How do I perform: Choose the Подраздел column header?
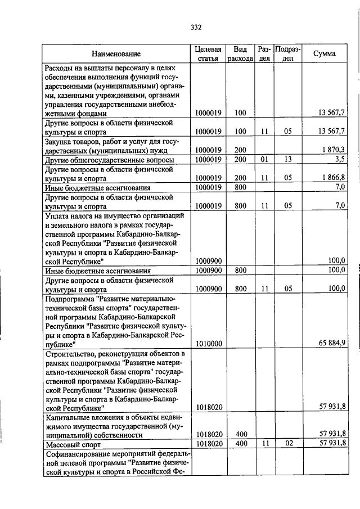click(x=288, y=54)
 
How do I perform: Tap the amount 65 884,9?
click(x=331, y=343)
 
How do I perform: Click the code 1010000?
click(x=209, y=343)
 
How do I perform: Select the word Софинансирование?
click(x=81, y=454)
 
